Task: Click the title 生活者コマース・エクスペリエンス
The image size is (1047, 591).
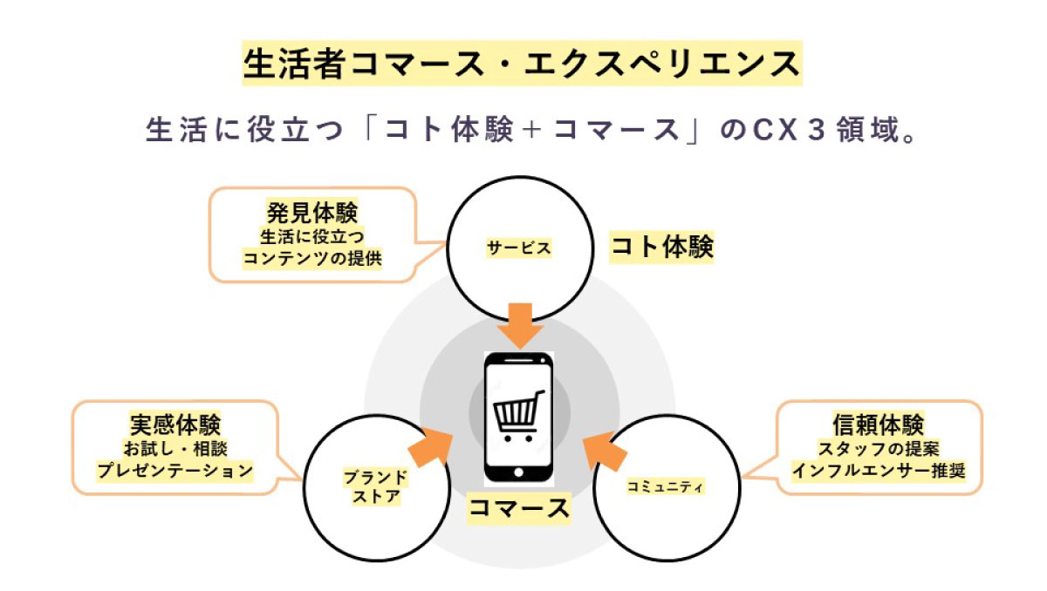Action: (x=522, y=65)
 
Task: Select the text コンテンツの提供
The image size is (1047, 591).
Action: (x=312, y=259)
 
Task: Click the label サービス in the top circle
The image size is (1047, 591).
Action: (x=518, y=248)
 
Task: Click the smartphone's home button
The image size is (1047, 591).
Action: (x=519, y=474)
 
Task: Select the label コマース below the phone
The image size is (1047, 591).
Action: (x=519, y=508)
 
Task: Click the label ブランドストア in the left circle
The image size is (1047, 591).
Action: (x=376, y=487)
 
